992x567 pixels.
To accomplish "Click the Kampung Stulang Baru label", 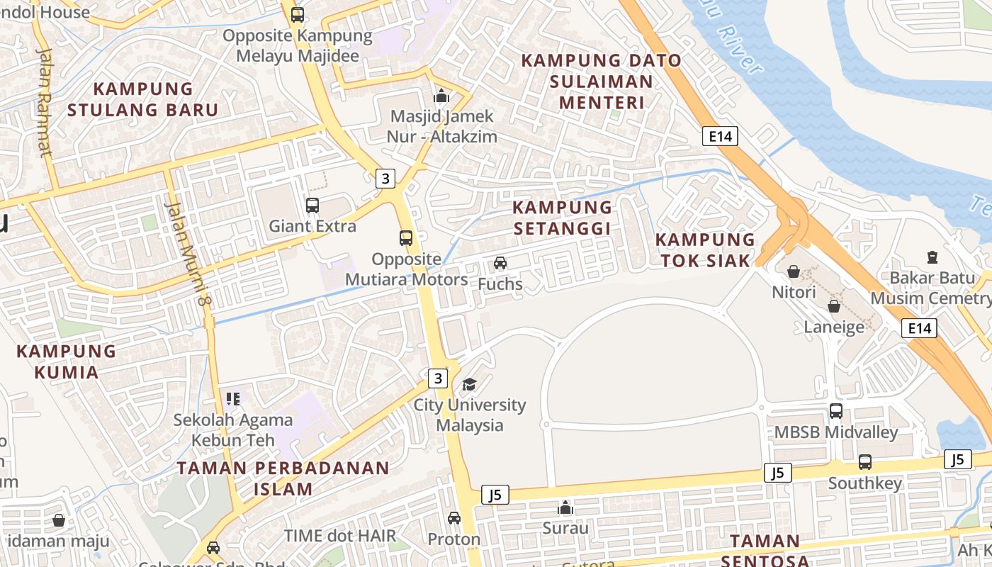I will click(142, 99).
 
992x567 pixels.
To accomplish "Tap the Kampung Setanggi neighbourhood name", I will click(562, 218).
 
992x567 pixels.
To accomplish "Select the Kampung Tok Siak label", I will click(705, 249).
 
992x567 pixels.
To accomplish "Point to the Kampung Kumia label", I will click(66, 361).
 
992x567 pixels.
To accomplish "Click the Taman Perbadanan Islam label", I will click(283, 478).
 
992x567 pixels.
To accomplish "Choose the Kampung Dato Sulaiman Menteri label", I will click(602, 82).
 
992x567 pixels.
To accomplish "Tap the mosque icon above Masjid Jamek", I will click(441, 95).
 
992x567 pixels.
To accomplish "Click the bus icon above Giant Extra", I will click(312, 206).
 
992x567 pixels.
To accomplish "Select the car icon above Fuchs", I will click(500, 263).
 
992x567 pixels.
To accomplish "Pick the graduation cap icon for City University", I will click(469, 384).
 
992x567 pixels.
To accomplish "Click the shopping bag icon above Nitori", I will click(794, 271).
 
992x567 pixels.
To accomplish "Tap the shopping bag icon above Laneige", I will click(834, 306).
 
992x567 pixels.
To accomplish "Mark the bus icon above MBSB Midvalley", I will click(836, 411).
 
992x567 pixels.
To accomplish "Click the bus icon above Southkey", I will click(864, 462).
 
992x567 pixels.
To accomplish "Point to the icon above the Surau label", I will click(565, 507).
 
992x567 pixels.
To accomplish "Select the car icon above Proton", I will click(454, 518).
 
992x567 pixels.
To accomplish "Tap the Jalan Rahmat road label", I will click(44, 102).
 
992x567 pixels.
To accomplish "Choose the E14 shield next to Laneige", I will click(919, 327).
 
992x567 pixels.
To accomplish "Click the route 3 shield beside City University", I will click(438, 378).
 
